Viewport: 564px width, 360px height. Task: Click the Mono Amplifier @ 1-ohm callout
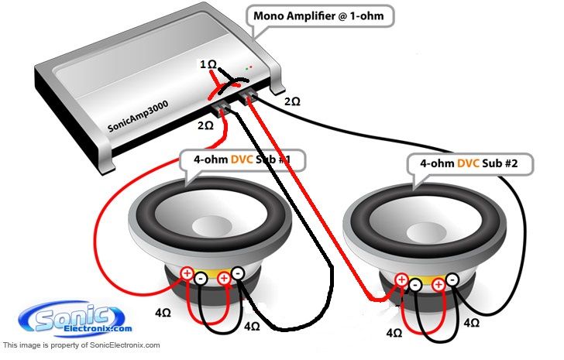tap(319, 16)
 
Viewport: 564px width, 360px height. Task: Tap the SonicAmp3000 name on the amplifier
tap(138, 116)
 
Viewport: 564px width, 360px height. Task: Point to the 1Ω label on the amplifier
tap(208, 64)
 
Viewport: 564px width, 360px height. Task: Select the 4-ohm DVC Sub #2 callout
tap(469, 163)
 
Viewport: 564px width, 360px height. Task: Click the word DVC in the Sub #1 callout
tap(242, 159)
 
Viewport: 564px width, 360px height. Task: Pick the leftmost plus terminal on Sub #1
tap(187, 273)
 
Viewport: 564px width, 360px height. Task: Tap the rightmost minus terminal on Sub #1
tap(237, 273)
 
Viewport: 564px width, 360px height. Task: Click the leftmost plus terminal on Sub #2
tap(401, 279)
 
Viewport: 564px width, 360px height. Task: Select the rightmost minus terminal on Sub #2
tap(452, 279)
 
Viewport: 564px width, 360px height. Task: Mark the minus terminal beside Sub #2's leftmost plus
tap(415, 285)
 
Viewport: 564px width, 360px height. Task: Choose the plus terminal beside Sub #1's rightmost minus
tap(224, 279)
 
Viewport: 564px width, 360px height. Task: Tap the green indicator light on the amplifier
tap(246, 68)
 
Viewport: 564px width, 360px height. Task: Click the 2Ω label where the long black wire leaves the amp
tap(292, 101)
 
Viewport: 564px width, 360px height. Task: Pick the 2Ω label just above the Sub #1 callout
tap(205, 125)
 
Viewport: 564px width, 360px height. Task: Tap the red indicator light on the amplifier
tap(251, 67)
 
